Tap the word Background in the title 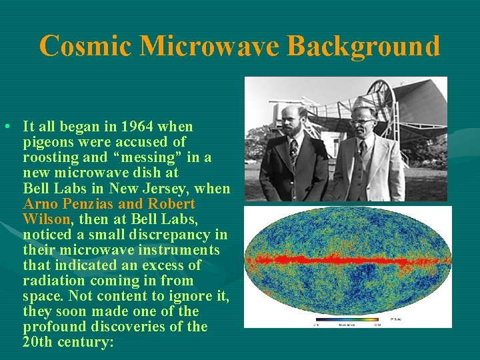363,47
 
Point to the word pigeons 47,142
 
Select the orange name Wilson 46,219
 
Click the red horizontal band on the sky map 347,260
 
